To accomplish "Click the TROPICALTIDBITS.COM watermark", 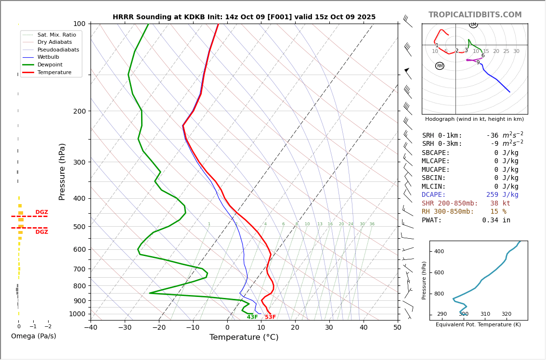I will coord(475,15).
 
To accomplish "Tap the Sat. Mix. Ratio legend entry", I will coord(56,35).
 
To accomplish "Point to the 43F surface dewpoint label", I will coord(252,317).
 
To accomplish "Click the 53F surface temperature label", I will coord(270,317).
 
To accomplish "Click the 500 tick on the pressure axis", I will coord(79,227).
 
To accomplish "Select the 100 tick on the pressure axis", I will coord(79,24).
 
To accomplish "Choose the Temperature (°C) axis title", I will coord(244,337).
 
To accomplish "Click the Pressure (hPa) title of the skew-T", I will coord(62,171).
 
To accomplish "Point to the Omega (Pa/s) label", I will coord(33,336).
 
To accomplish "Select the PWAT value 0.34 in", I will coord(496,220).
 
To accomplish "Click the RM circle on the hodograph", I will coord(440,66).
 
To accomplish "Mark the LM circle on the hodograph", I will coord(473,25).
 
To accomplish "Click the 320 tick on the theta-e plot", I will coord(507,314).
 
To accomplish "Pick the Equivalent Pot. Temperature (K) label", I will coord(478,324).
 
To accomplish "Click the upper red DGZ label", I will coord(41,212).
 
